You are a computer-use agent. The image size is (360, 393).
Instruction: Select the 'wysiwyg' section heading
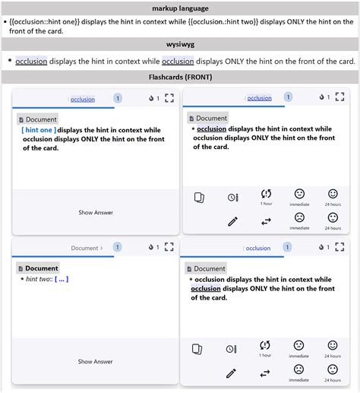coord(180,44)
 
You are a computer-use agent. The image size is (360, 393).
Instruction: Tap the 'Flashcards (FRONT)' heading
coord(180,78)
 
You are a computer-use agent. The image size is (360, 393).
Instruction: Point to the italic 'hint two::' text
coord(39,279)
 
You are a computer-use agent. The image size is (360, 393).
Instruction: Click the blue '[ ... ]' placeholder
coord(62,279)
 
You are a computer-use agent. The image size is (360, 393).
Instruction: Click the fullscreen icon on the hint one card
coord(170,98)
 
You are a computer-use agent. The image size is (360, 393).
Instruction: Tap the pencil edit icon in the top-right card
coord(232,221)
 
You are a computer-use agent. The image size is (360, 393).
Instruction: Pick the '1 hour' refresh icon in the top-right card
coord(266,195)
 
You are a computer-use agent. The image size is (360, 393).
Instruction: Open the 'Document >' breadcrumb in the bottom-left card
coord(86,248)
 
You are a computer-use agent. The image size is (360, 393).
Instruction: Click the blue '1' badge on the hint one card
coord(118,98)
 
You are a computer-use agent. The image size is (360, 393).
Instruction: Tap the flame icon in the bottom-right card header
coord(322,248)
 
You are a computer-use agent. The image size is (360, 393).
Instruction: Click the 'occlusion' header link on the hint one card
coord(83,99)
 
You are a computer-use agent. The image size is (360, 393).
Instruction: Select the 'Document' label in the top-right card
coord(211,119)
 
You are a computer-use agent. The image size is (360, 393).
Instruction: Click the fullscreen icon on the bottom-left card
coord(170,247)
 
